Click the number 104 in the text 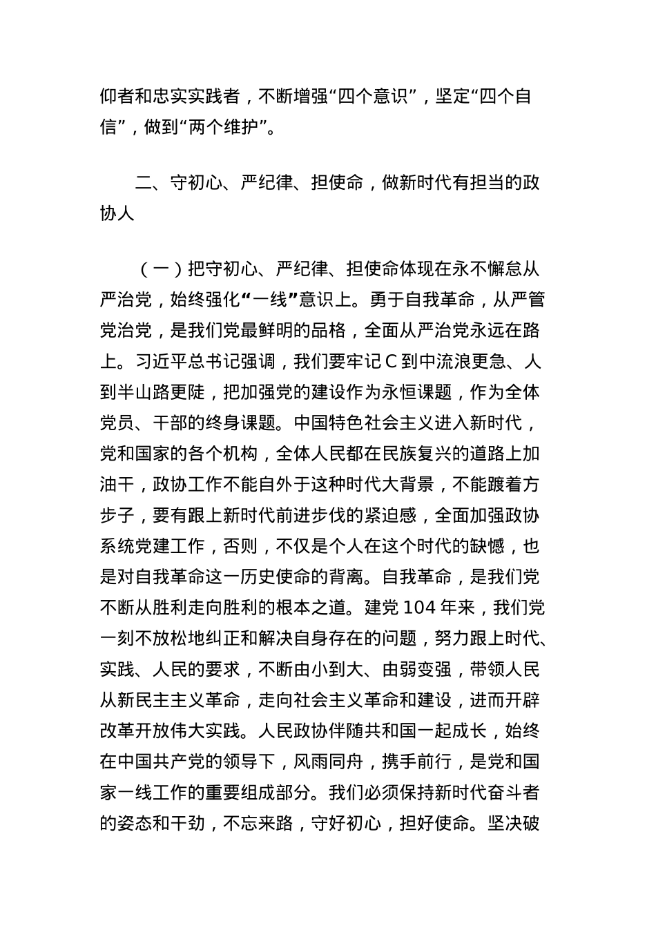pos(419,608)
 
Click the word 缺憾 pos(487,546)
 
